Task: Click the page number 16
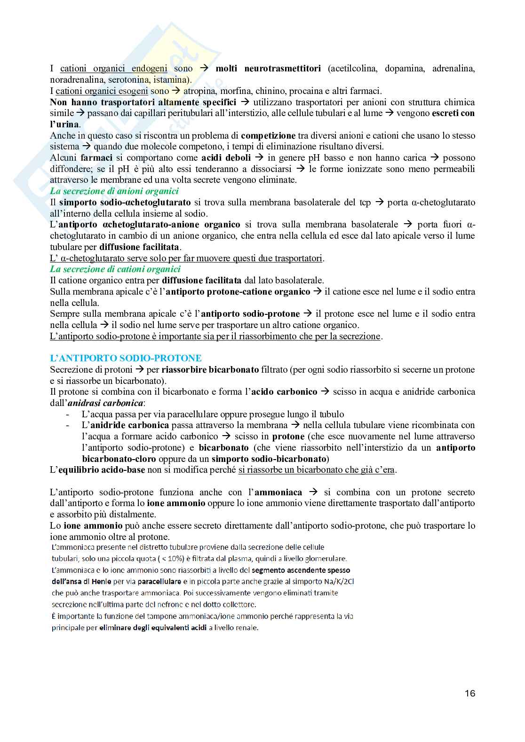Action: (x=469, y=693)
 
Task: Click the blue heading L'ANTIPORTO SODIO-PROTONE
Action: (x=126, y=358)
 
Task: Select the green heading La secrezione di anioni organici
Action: (x=114, y=191)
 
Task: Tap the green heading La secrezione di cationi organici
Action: (x=115, y=269)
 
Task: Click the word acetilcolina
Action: (x=356, y=69)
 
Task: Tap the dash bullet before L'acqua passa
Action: (x=69, y=414)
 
